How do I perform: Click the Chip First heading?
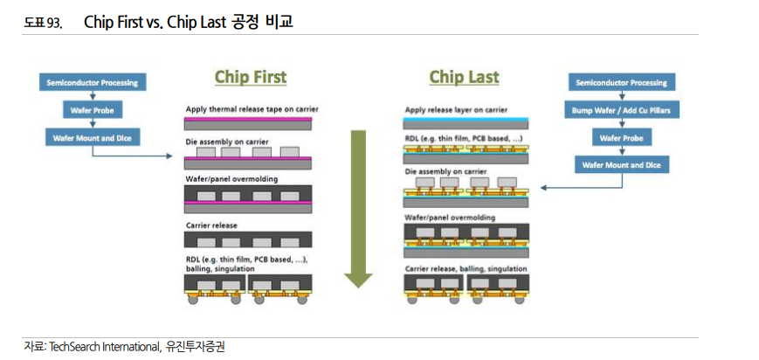coord(251,77)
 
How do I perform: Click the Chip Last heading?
coord(464,77)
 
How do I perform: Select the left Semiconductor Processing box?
coord(92,83)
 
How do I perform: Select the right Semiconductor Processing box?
coord(622,83)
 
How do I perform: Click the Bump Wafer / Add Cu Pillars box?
coord(622,111)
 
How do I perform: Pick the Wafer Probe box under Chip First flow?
coord(92,110)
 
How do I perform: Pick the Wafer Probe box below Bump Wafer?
coord(622,138)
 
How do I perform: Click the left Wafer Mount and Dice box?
coord(92,137)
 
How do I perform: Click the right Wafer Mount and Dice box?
coord(622,165)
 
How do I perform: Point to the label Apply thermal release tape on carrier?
coord(252,109)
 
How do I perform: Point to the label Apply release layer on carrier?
coord(456,110)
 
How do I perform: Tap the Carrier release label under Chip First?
coord(211,225)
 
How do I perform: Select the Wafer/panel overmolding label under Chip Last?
coord(450,217)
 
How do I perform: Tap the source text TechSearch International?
coord(106,346)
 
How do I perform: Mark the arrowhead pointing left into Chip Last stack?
coord(544,187)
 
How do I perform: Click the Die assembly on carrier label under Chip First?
coord(227,142)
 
